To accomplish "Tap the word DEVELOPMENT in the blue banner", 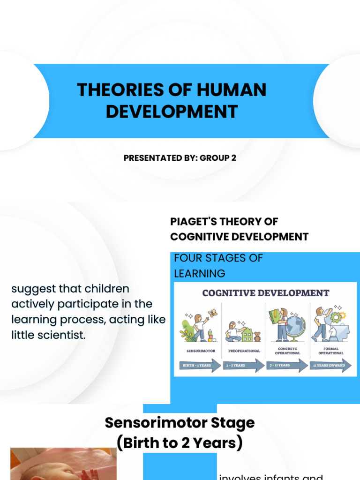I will [172, 112].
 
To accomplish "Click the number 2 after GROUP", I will [233, 158].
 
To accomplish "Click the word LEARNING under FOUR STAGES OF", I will [199, 273].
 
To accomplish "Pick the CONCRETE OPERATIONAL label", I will [287, 351].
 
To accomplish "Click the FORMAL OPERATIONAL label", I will [330, 351].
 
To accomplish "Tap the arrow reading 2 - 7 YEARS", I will [243, 365].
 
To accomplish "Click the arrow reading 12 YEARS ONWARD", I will [330, 365].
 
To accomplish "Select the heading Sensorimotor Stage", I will [180, 422].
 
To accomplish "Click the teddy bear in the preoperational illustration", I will [257, 337].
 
